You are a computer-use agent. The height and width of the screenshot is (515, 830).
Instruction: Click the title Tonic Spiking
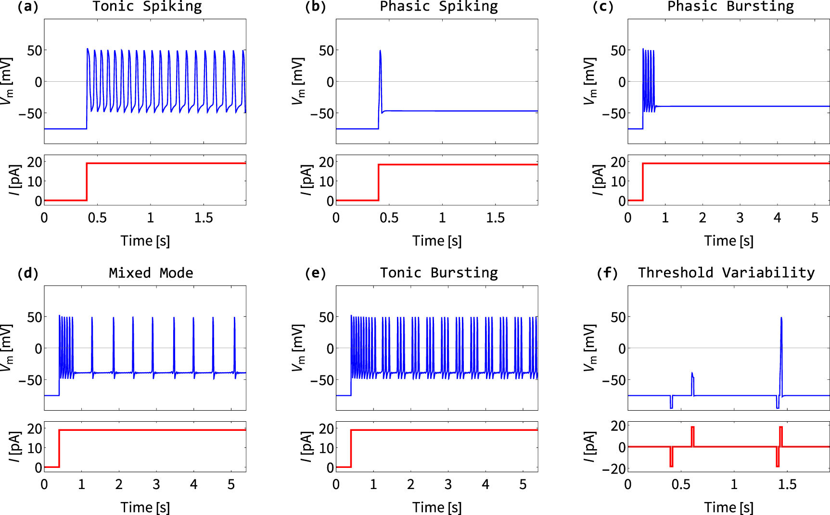coord(147,7)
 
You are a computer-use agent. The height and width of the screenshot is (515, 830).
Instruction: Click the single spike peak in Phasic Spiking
coord(380,51)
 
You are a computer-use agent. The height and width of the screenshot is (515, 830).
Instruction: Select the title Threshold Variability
coord(726,273)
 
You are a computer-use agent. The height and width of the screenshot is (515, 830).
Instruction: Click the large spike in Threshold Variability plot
coord(781,319)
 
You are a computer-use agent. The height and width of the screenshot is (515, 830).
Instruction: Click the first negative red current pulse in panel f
coord(671,457)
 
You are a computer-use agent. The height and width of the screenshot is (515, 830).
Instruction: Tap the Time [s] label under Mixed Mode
coord(145,507)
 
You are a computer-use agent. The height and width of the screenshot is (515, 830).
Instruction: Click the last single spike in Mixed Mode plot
coord(235,318)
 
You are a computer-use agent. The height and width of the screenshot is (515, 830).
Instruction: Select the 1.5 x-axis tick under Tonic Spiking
coord(204,218)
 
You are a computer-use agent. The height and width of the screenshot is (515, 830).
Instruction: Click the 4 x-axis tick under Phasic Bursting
coord(777,218)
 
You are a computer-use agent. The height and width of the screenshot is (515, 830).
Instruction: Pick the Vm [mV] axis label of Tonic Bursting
coord(298,348)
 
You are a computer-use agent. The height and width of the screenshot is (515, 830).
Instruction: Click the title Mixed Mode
coord(151,273)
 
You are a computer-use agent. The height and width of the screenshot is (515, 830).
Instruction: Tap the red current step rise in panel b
coord(379,183)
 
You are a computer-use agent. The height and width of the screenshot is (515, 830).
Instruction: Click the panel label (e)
coord(315,273)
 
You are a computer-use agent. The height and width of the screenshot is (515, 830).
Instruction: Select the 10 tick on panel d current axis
coord(34,448)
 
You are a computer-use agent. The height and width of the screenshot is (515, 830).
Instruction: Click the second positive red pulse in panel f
coord(781,436)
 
